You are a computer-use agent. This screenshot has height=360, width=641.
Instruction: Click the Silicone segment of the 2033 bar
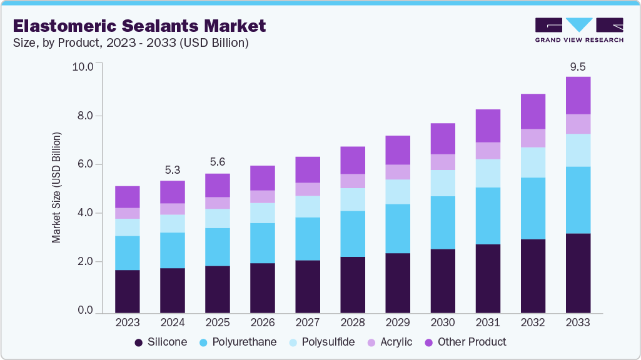point(578,272)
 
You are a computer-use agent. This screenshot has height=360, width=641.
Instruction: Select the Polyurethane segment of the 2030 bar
point(443,222)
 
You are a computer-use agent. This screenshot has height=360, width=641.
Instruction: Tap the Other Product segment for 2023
point(128,197)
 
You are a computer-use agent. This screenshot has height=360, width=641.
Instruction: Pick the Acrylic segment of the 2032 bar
point(533,138)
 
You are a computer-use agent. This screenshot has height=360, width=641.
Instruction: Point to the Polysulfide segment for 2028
point(353,199)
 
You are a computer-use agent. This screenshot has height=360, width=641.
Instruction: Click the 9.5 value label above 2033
point(578,67)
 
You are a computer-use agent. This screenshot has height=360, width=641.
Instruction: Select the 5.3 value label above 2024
point(173,169)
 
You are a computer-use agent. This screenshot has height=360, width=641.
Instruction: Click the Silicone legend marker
point(138,342)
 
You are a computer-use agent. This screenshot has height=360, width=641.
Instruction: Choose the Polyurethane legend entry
point(238,342)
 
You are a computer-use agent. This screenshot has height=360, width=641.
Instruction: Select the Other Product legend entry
point(465,342)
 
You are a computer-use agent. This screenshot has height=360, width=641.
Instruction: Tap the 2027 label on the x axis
point(308,322)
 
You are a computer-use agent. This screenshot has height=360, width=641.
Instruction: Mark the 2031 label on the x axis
point(488,322)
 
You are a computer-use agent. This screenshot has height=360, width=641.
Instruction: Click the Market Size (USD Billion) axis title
point(57,187)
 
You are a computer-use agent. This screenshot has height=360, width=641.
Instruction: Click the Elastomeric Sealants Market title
point(139,26)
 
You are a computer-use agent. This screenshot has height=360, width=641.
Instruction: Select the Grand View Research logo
point(579,29)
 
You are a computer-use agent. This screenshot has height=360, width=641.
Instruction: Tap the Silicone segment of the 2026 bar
point(263,287)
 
